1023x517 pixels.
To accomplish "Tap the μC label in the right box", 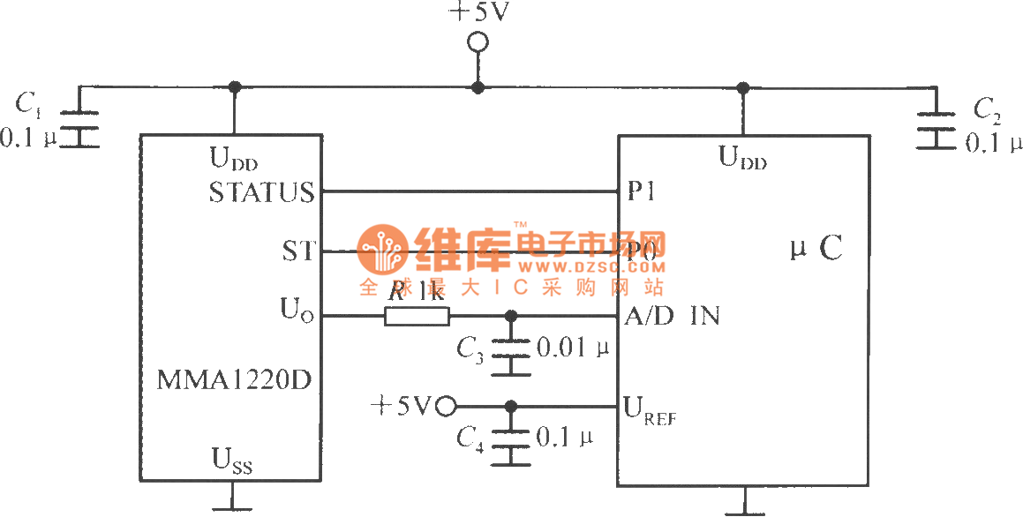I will tap(816, 251).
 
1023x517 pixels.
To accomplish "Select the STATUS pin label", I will tap(261, 191).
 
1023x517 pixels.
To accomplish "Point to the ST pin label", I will tap(297, 251).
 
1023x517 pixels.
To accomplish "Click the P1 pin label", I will tap(642, 191).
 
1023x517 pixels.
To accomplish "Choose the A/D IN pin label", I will tap(672, 316).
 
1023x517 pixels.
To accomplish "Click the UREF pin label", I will tap(649, 409).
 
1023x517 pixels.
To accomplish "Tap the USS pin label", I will tap(231, 459).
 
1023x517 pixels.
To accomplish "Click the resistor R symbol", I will tap(417, 316).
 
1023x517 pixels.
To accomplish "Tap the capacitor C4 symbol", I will tap(511, 438).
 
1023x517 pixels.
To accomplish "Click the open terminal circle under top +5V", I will tap(478, 41).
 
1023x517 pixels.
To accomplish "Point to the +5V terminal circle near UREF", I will tap(447, 407).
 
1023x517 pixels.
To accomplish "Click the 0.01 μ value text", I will tap(573, 348).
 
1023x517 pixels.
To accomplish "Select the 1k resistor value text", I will tap(431, 291).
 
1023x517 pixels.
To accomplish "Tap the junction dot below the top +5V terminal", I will tap(478, 86).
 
